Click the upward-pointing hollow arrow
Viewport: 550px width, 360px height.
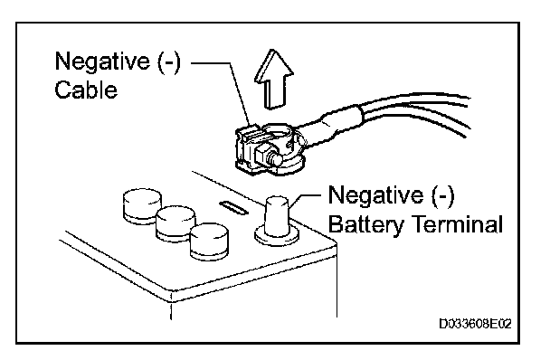click(273, 80)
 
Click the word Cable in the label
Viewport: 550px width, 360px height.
click(86, 90)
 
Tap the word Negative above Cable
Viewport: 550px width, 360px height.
click(102, 61)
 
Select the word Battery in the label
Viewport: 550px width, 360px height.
click(365, 224)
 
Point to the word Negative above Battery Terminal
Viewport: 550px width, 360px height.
click(375, 194)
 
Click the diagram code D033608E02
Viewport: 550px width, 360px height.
click(476, 324)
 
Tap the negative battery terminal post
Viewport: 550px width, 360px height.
click(277, 216)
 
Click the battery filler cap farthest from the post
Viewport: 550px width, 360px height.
click(142, 206)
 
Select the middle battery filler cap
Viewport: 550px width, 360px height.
click(175, 223)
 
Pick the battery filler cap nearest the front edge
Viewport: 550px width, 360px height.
click(209, 242)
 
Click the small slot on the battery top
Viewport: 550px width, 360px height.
click(233, 207)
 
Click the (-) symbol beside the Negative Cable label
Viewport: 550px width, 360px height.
click(169, 62)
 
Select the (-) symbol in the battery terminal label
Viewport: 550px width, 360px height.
click(442, 195)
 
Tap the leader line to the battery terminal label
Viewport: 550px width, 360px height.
click(304, 199)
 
